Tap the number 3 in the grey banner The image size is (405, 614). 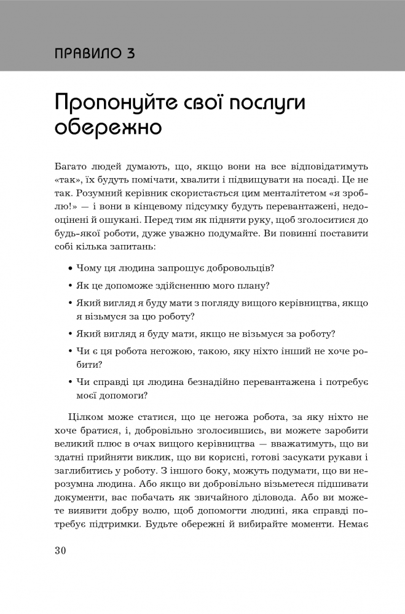point(131,53)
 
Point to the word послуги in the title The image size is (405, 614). point(270,103)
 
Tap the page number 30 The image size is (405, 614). point(60,550)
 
